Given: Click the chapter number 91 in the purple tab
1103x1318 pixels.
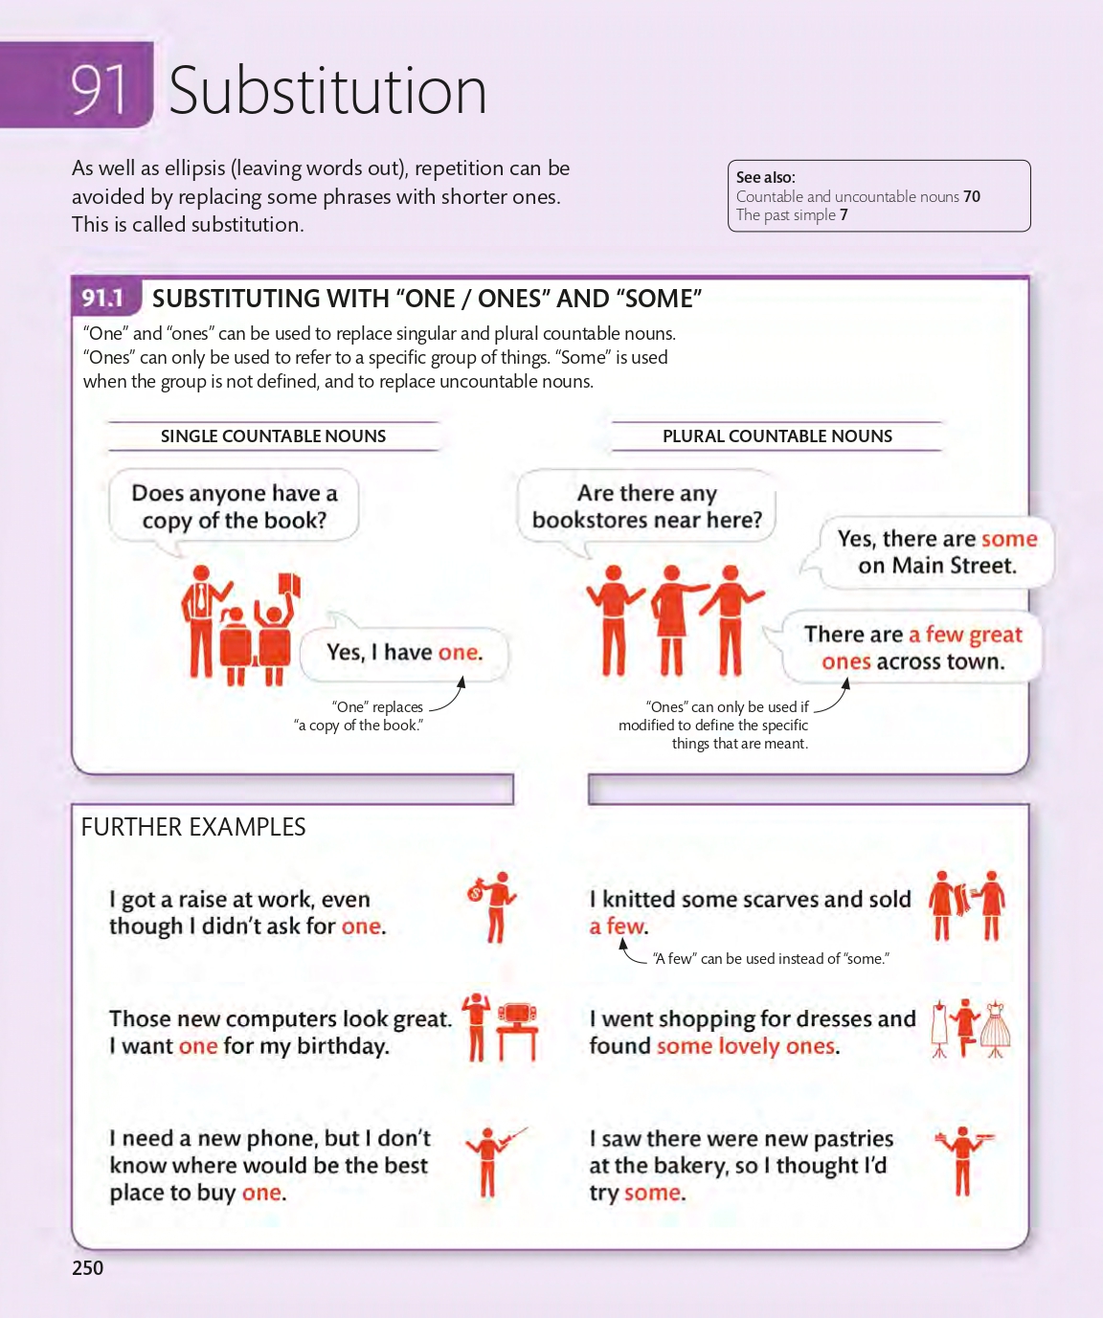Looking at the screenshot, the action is pyautogui.click(x=100, y=89).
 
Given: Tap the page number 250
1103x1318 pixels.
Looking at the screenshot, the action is pyautogui.click(x=88, y=1267).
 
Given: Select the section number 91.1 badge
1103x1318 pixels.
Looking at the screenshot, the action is pyautogui.click(x=102, y=298).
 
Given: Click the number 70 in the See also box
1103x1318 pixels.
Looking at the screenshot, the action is pyautogui.click(x=972, y=196).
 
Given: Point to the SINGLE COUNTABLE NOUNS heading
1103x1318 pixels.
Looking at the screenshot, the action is pyautogui.click(x=274, y=436).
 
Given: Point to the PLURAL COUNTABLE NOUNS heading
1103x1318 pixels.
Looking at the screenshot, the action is pyautogui.click(x=777, y=436).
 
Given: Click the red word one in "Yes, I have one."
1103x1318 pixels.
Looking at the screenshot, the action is pyautogui.click(x=459, y=652).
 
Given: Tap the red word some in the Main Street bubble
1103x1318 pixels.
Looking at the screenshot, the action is pyautogui.click(x=1009, y=539).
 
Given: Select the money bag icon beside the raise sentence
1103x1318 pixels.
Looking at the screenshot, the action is pyautogui.click(x=476, y=891).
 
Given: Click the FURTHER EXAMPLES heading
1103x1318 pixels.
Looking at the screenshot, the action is pyautogui.click(x=193, y=827).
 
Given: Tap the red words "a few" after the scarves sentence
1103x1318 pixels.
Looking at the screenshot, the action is pyautogui.click(x=617, y=926).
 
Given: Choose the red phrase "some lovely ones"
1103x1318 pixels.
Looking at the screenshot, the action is pyautogui.click(x=746, y=1046).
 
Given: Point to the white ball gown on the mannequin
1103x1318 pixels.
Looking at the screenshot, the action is pyautogui.click(x=996, y=1028).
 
